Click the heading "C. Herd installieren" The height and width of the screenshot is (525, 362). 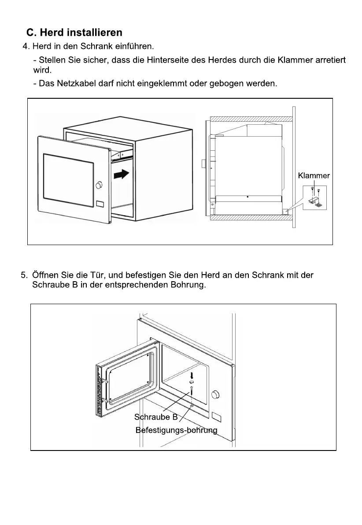tap(74, 33)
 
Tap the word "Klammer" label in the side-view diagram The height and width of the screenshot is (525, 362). tap(314, 175)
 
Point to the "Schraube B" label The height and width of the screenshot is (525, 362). tap(156, 417)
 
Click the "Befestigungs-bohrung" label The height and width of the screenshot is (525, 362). tap(176, 430)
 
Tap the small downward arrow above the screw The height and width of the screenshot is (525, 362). tap(192, 376)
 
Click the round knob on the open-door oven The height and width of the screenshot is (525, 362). tap(216, 394)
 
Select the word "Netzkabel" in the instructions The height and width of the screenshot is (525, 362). tap(75, 83)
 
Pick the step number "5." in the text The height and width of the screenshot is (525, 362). tap(25, 276)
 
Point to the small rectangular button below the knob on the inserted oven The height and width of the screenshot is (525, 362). tap(100, 205)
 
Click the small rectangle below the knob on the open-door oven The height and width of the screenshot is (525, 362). tap(216, 416)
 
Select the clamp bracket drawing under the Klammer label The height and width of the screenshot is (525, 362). tap(316, 201)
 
